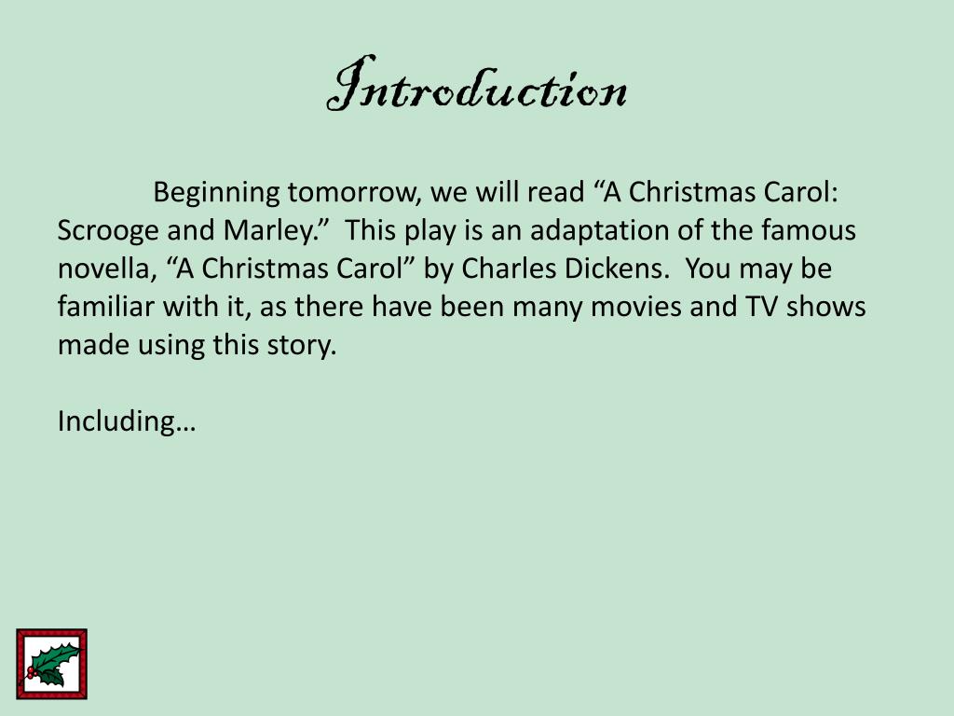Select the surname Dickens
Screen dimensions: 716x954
click(x=620, y=268)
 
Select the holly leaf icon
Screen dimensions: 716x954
click(x=52, y=664)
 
